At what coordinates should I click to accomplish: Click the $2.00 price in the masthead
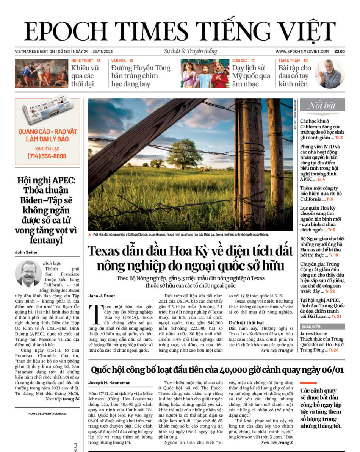pyautogui.click(x=340, y=52)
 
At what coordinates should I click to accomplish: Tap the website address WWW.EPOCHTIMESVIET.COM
pyautogui.click(x=302, y=52)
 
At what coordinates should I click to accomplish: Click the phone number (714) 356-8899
pyautogui.click(x=47, y=156)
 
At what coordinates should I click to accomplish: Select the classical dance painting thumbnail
pyautogui.click(x=42, y=74)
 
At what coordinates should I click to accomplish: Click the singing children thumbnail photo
pyautogui.click(x=205, y=74)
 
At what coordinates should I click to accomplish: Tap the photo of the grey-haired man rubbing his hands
pyautogui.click(x=330, y=74)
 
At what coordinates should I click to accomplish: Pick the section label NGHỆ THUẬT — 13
pyautogui.click(x=86, y=61)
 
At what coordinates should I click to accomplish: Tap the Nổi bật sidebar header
pyautogui.click(x=322, y=105)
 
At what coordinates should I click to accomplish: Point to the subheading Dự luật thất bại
pyautogui.click(x=246, y=323)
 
